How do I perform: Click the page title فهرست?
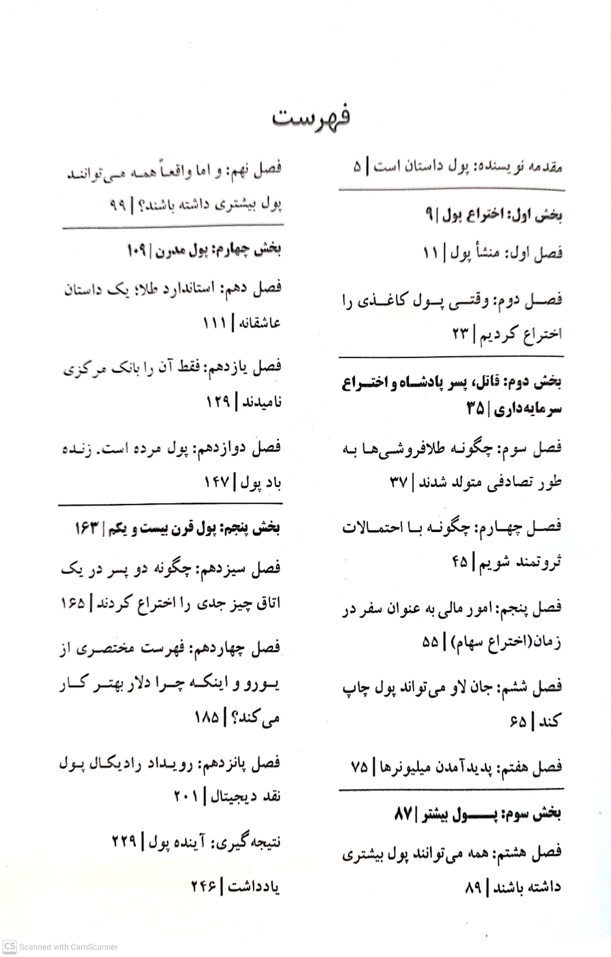311,117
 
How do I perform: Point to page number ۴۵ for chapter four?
459,561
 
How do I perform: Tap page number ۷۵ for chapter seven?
359,766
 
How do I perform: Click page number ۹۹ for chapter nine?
118,205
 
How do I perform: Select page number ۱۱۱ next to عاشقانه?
214,322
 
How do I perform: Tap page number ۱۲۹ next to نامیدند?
218,402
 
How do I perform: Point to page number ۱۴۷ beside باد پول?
217,482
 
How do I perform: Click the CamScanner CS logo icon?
10,947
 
